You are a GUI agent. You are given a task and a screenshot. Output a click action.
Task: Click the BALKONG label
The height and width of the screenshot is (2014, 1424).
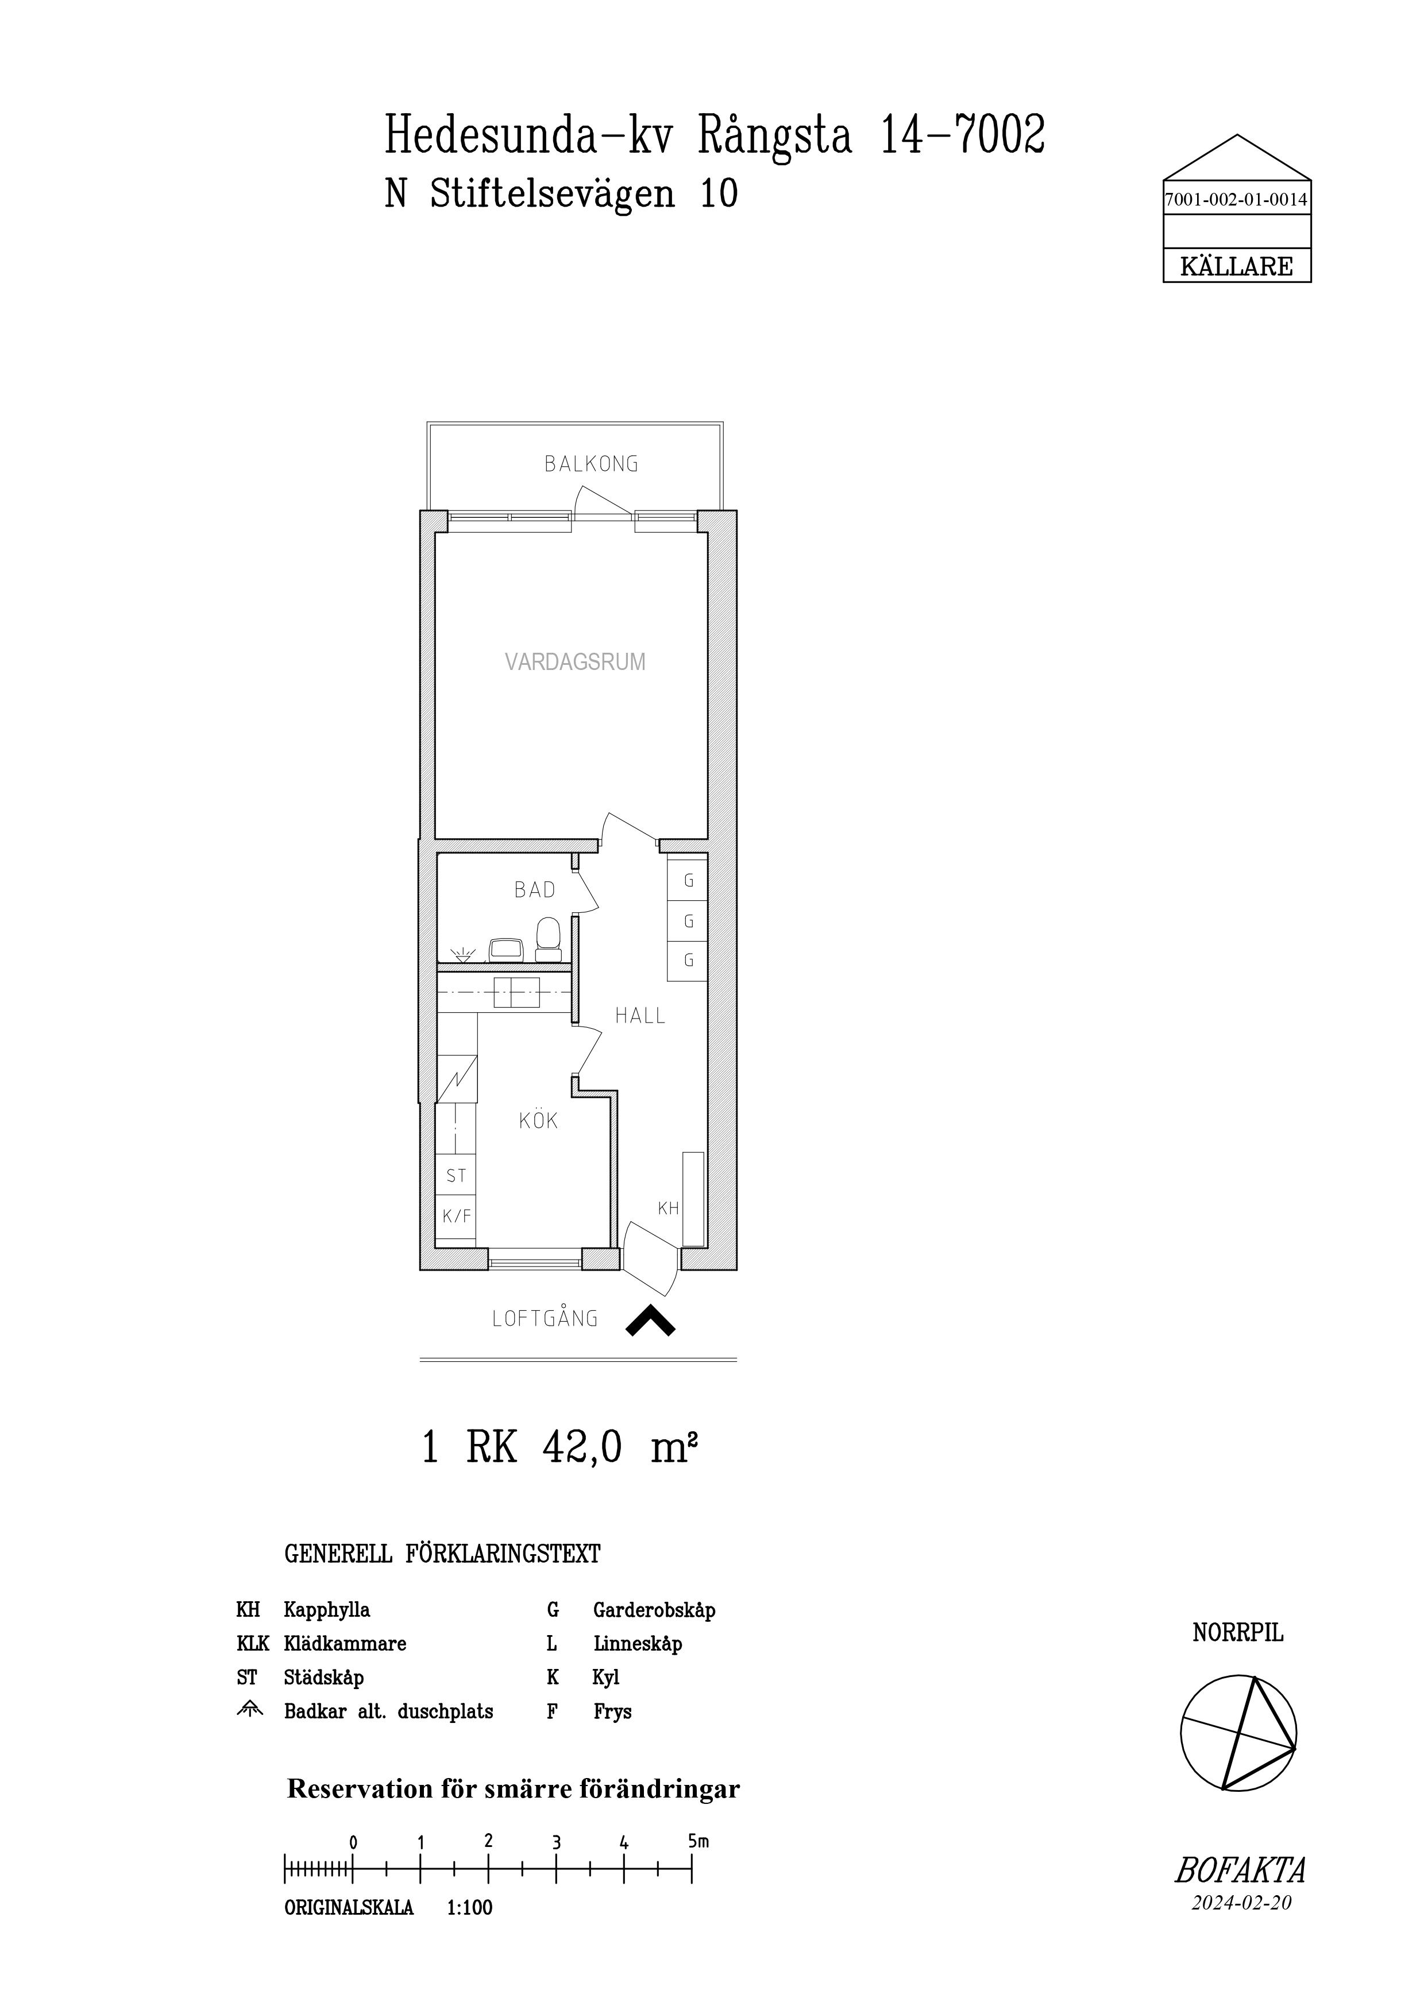pyautogui.click(x=591, y=464)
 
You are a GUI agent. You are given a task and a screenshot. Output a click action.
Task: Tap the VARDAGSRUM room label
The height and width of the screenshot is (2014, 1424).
pyautogui.click(x=576, y=663)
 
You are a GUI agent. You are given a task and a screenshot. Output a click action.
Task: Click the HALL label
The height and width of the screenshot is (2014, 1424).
pyautogui.click(x=640, y=1016)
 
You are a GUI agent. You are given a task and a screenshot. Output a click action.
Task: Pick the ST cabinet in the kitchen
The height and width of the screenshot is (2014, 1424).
pyautogui.click(x=456, y=1175)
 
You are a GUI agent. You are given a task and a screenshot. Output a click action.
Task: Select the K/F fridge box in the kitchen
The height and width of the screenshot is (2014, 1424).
pyautogui.click(x=456, y=1217)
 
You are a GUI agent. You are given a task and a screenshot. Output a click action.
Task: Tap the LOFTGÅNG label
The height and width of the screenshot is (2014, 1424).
pyautogui.click(x=546, y=1318)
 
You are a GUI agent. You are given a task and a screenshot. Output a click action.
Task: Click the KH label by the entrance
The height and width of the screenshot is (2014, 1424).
pyautogui.click(x=669, y=1208)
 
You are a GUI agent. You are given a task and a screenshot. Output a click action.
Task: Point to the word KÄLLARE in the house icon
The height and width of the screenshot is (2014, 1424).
pyautogui.click(x=1236, y=266)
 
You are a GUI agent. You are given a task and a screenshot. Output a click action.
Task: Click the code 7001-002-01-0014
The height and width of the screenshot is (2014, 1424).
pyautogui.click(x=1236, y=200)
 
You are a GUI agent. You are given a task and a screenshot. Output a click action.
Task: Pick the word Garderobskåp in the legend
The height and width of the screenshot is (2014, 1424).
pyautogui.click(x=654, y=1610)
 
